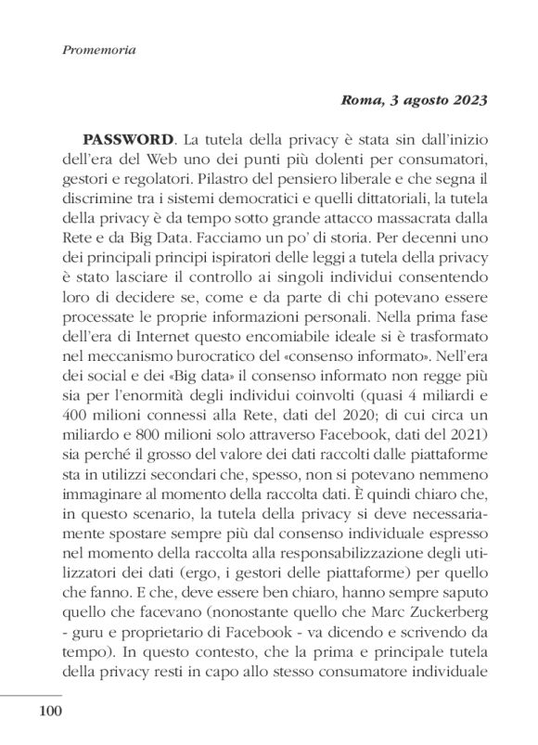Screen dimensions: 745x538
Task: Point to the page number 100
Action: click(x=48, y=713)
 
